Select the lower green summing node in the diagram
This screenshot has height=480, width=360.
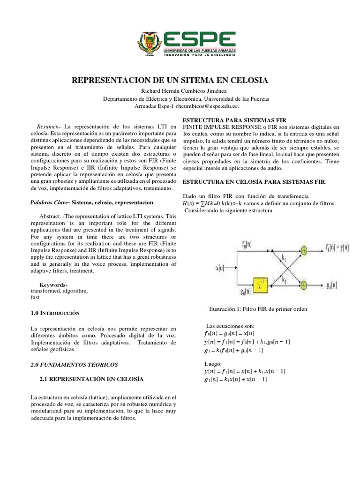tap(304, 285)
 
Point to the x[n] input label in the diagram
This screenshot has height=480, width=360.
tap(220, 268)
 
